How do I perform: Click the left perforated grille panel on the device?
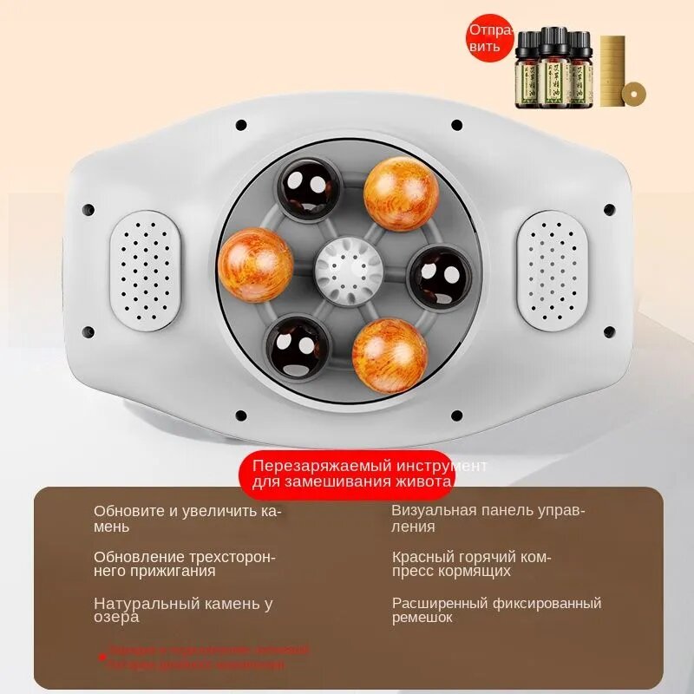click(x=146, y=270)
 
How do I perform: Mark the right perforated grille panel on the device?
click(x=552, y=270)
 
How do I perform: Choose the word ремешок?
click(x=422, y=618)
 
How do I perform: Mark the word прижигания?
click(x=172, y=572)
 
